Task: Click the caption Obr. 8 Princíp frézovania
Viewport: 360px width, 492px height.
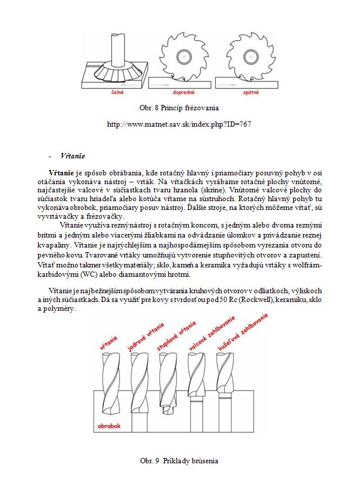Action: click(179, 108)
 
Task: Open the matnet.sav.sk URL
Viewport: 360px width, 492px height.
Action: click(179, 124)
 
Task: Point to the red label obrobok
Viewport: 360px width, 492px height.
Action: click(110, 426)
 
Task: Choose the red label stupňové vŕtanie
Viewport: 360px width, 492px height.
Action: click(176, 337)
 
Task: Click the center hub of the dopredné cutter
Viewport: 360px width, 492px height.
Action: click(184, 57)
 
